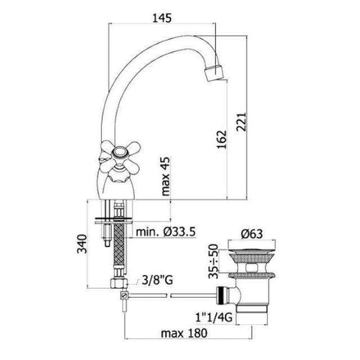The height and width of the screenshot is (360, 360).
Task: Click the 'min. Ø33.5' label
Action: tap(166, 232)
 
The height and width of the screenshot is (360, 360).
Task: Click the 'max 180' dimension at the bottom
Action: tap(176, 333)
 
